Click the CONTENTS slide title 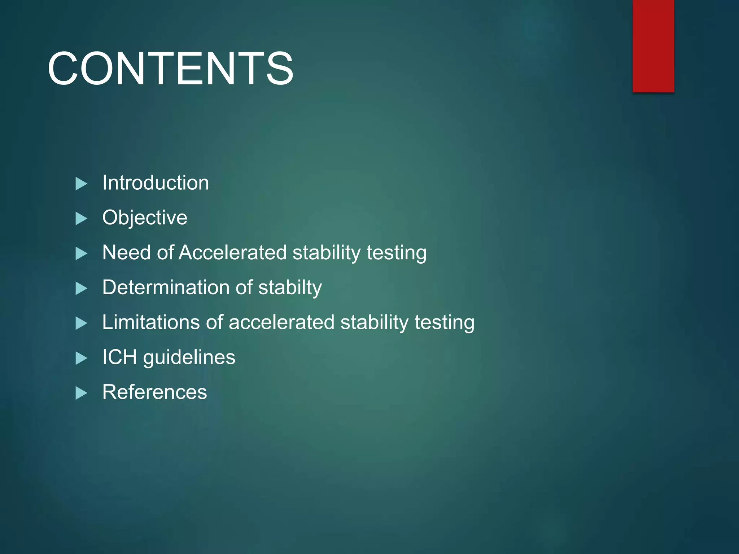(170, 69)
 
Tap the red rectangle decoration (653, 46)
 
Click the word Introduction (156, 183)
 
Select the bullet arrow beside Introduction (81, 184)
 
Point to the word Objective (145, 218)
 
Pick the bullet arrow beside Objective (81, 219)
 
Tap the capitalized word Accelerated (232, 252)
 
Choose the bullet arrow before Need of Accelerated (81, 254)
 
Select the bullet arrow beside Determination (81, 289)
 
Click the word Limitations (150, 322)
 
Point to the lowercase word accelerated (281, 322)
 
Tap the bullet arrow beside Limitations (81, 323)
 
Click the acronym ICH (119, 357)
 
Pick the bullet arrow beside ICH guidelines (81, 358)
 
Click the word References (154, 392)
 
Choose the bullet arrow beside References (81, 393)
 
